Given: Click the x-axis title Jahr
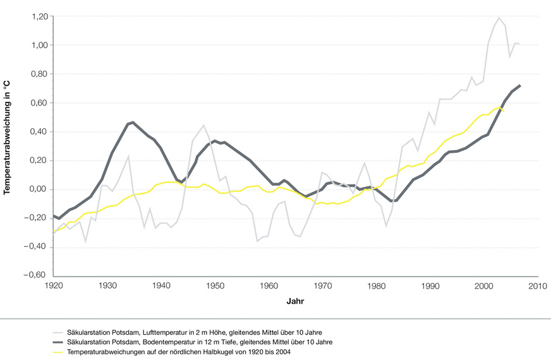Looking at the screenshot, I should tap(295, 302).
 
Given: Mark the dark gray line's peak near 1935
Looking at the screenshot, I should tap(133, 123).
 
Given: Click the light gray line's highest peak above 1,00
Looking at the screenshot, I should tap(499, 18).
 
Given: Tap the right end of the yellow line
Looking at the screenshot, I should tap(504, 111).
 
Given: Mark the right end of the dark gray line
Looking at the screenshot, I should tap(520, 85).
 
